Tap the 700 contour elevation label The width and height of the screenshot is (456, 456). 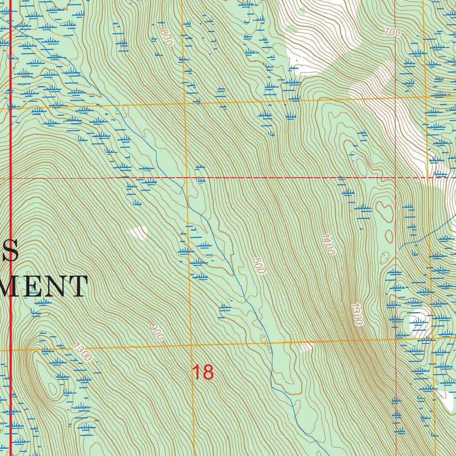point(392,32)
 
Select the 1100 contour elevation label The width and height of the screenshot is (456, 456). point(327,244)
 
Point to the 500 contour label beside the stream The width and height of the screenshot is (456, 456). point(259,266)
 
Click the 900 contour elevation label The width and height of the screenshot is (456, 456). point(157,332)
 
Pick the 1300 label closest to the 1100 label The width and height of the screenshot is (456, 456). point(357,314)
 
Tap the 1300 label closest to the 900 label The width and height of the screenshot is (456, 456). point(83,352)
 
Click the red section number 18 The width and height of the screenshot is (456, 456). point(203,373)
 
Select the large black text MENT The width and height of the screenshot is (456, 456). point(45,286)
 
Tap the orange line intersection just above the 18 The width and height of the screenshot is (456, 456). point(191,345)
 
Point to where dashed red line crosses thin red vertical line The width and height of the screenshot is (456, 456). point(396,178)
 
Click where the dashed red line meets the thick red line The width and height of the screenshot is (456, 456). point(10,178)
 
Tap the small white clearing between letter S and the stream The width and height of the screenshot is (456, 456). point(138,232)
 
